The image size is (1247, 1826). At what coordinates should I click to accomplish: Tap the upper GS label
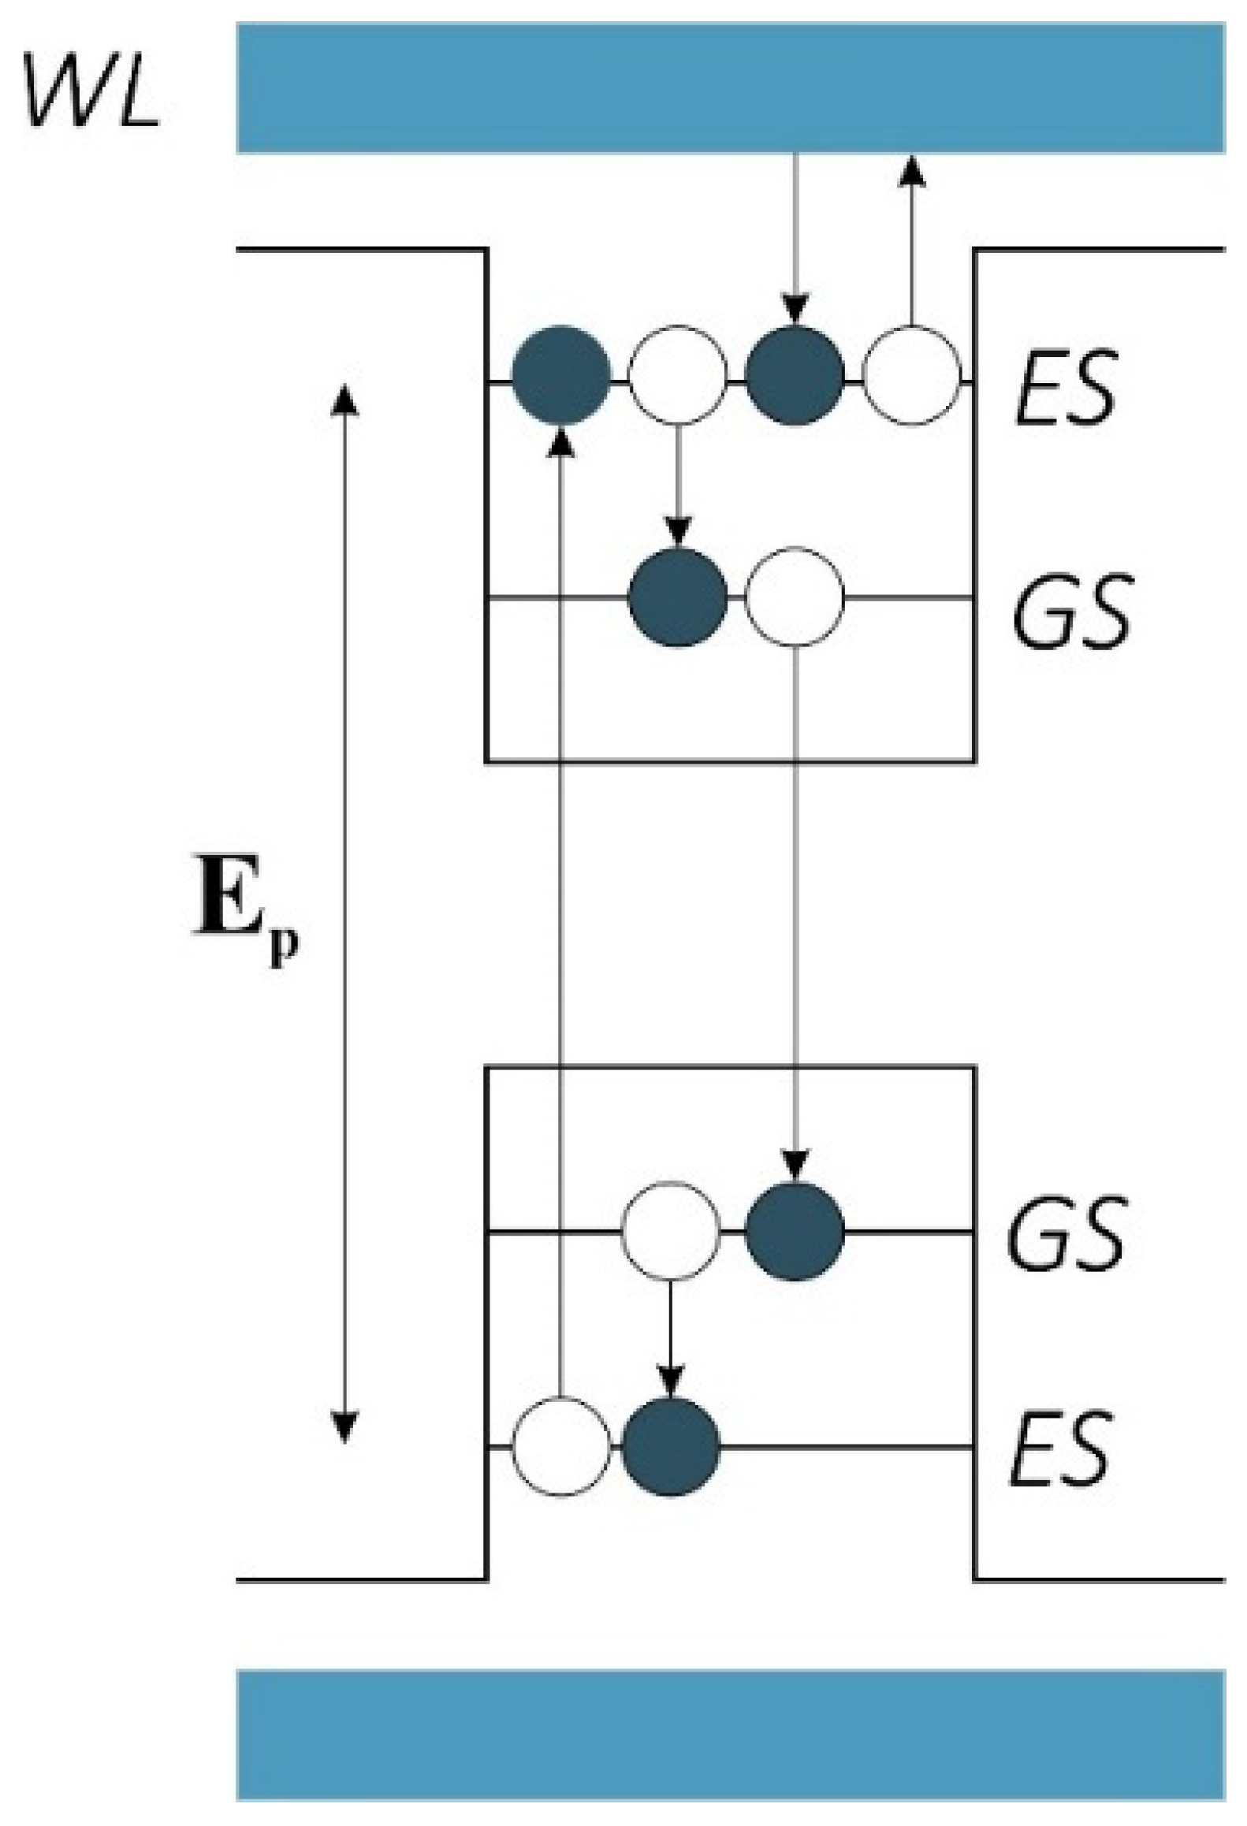tap(1072, 611)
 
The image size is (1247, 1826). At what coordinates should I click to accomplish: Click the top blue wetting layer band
tap(730, 87)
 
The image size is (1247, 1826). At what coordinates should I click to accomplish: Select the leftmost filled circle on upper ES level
tap(560, 375)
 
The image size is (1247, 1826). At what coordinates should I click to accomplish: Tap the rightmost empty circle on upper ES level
tap(912, 375)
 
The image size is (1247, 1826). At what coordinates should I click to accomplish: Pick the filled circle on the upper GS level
tap(677, 597)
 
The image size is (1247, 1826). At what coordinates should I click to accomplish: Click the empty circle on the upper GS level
tap(795, 597)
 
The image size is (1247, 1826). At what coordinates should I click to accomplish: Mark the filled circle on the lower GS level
tap(795, 1231)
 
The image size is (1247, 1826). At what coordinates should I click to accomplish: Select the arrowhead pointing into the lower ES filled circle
tap(670, 1380)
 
